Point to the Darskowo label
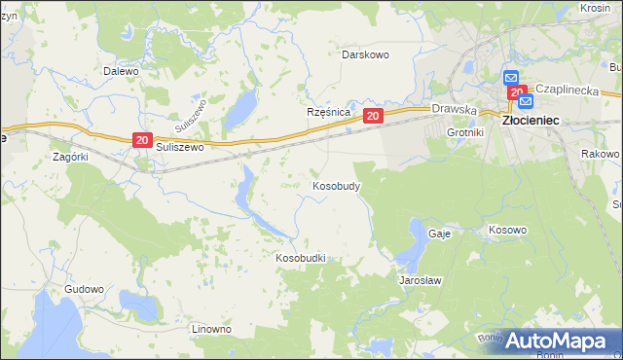click(365, 54)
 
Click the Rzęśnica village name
click(328, 112)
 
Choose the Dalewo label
click(122, 71)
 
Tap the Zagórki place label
click(71, 156)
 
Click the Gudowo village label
click(84, 289)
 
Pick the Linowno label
click(211, 329)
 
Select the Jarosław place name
click(421, 280)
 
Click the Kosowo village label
click(506, 231)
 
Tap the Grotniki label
click(464, 131)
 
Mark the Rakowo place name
click(600, 154)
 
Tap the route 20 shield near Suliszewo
click(142, 141)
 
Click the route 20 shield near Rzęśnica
click(373, 116)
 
